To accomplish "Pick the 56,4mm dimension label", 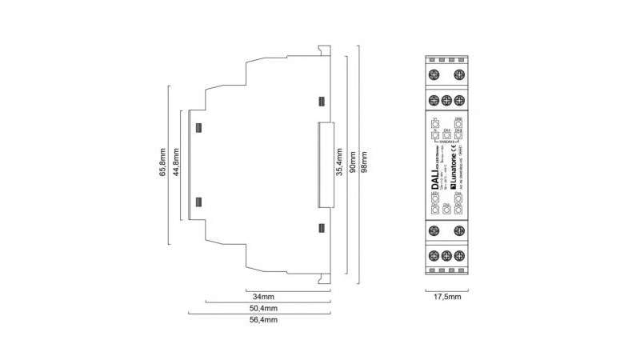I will [x=261, y=319].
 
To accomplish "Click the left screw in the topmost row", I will [x=434, y=76].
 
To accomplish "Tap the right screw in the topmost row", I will [x=460, y=76].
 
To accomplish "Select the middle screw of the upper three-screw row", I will [x=447, y=100].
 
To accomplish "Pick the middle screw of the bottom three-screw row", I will [x=447, y=255].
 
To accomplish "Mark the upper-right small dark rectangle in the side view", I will [x=322, y=102].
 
